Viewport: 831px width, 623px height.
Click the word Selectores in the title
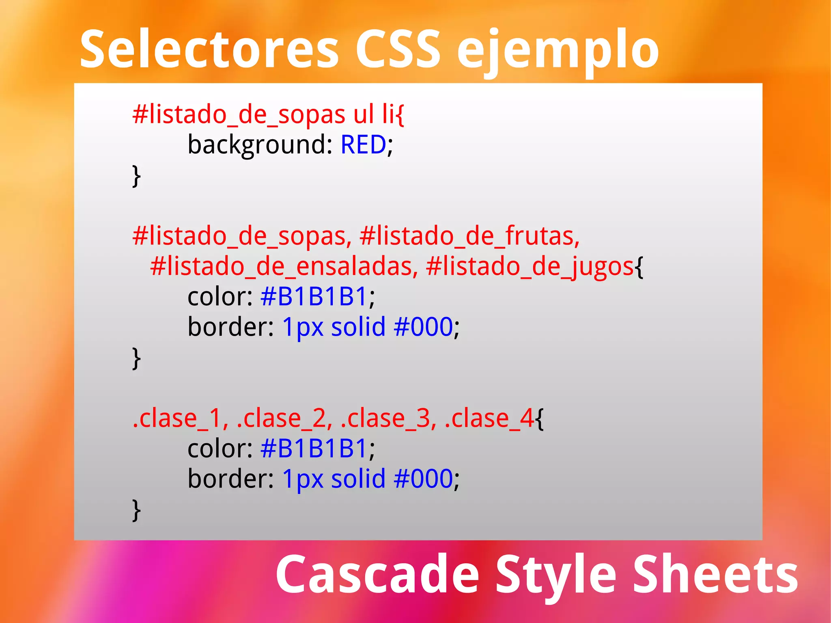pos(209,50)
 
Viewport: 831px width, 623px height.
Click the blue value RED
pos(363,144)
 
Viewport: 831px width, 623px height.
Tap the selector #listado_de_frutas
pos(469,236)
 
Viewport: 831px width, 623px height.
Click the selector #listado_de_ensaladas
pos(284,267)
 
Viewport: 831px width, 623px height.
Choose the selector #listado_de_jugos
pos(530,267)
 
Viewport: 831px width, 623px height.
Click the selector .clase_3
pos(389,418)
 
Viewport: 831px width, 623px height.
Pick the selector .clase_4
pos(489,418)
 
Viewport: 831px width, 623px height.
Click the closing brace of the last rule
pos(137,510)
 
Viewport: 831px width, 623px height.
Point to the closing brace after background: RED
pos(137,176)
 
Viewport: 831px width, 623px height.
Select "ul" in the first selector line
pos(364,114)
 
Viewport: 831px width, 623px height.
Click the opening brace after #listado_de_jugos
pos(639,267)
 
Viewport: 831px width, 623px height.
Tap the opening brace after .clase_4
pos(540,419)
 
